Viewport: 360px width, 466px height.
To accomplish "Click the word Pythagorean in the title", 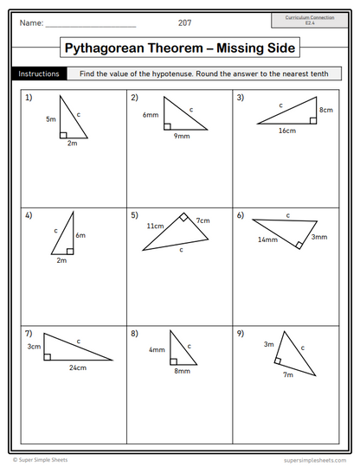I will click(x=123, y=48).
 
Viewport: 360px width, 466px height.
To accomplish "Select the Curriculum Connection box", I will click(x=309, y=21).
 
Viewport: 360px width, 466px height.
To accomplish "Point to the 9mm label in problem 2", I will click(x=181, y=137).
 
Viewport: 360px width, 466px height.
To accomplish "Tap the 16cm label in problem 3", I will click(x=286, y=131).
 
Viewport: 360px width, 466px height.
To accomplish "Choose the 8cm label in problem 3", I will click(x=325, y=111).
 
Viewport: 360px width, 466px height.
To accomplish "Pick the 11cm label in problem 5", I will click(x=155, y=226).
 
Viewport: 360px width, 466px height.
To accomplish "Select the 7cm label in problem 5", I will click(x=202, y=220).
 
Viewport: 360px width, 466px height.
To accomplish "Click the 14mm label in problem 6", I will click(x=267, y=239).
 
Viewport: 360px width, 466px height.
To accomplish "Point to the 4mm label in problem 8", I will click(x=157, y=350).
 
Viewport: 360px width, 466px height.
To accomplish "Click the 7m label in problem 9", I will click(x=288, y=375).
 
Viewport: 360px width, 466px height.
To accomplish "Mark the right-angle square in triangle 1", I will click(x=63, y=134).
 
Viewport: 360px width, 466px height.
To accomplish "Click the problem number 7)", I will click(x=29, y=334).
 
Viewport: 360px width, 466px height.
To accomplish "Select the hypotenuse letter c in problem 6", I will click(x=288, y=215).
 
